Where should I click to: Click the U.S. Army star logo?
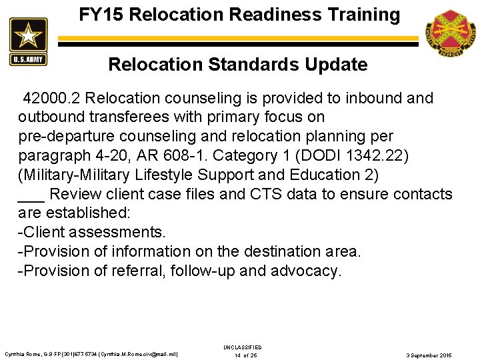point(29,41)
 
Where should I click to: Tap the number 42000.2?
point(52,99)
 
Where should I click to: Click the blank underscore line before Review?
point(31,198)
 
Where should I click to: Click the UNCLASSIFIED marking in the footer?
point(243,347)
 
